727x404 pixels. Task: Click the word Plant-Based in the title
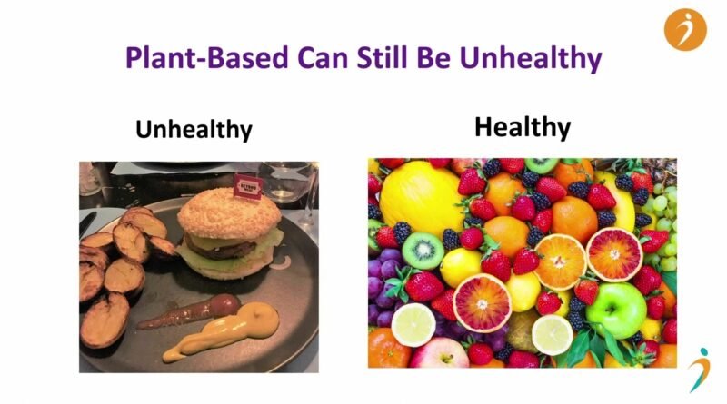point(207,57)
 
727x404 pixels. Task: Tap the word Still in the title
point(383,57)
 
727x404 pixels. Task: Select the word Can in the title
point(323,57)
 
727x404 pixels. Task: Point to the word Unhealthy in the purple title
point(531,59)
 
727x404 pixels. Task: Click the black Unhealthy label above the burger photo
point(194,129)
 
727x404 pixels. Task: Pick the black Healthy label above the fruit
point(523,127)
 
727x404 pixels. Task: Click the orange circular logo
point(685,30)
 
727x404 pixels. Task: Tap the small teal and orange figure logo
point(701,370)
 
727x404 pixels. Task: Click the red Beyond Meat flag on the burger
point(248,186)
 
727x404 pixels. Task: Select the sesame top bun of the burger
point(229,214)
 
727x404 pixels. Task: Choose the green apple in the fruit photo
point(616,310)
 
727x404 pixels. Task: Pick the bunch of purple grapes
point(383,287)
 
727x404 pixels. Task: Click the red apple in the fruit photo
point(439,353)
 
